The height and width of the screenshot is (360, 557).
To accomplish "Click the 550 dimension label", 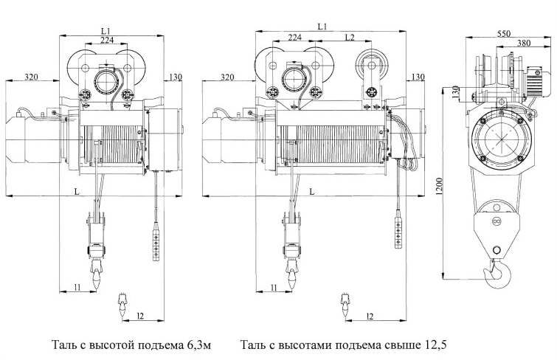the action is point(504,33).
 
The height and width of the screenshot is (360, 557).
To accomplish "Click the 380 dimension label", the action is point(524,43).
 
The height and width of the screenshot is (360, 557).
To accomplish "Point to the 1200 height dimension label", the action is point(439,186).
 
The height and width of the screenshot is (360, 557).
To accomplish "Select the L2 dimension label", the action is point(350,38).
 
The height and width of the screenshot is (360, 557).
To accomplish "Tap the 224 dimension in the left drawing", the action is point(107,40).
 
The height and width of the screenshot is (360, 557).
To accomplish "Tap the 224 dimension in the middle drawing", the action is point(295,37).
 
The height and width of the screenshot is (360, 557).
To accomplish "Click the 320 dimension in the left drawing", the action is point(31,77).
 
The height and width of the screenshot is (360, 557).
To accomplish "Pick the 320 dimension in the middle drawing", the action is point(227,77).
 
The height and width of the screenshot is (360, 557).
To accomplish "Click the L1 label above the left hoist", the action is point(106,31).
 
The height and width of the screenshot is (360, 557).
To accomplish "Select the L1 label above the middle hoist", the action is point(322,27).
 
